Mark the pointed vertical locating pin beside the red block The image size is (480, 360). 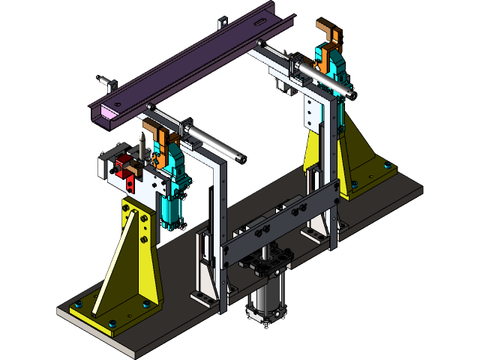pos(140,147)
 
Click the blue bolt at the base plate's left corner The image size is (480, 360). pos(76,304)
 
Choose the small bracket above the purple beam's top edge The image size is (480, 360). pos(223,24)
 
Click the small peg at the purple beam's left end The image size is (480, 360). pos(107,80)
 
